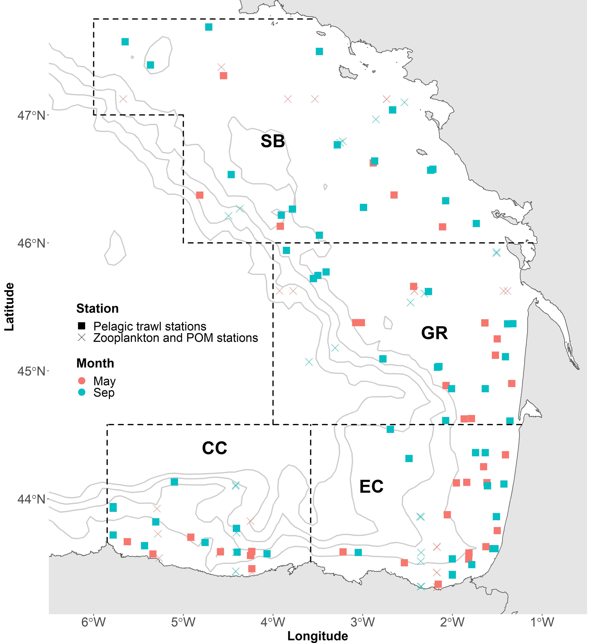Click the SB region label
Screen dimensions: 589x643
(x=273, y=141)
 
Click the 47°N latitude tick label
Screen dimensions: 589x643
(x=31, y=115)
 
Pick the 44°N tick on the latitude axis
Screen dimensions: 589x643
(x=31, y=499)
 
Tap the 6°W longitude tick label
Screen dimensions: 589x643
(x=93, y=622)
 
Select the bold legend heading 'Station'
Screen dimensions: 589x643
(x=97, y=308)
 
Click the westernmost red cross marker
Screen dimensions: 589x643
(x=123, y=99)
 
